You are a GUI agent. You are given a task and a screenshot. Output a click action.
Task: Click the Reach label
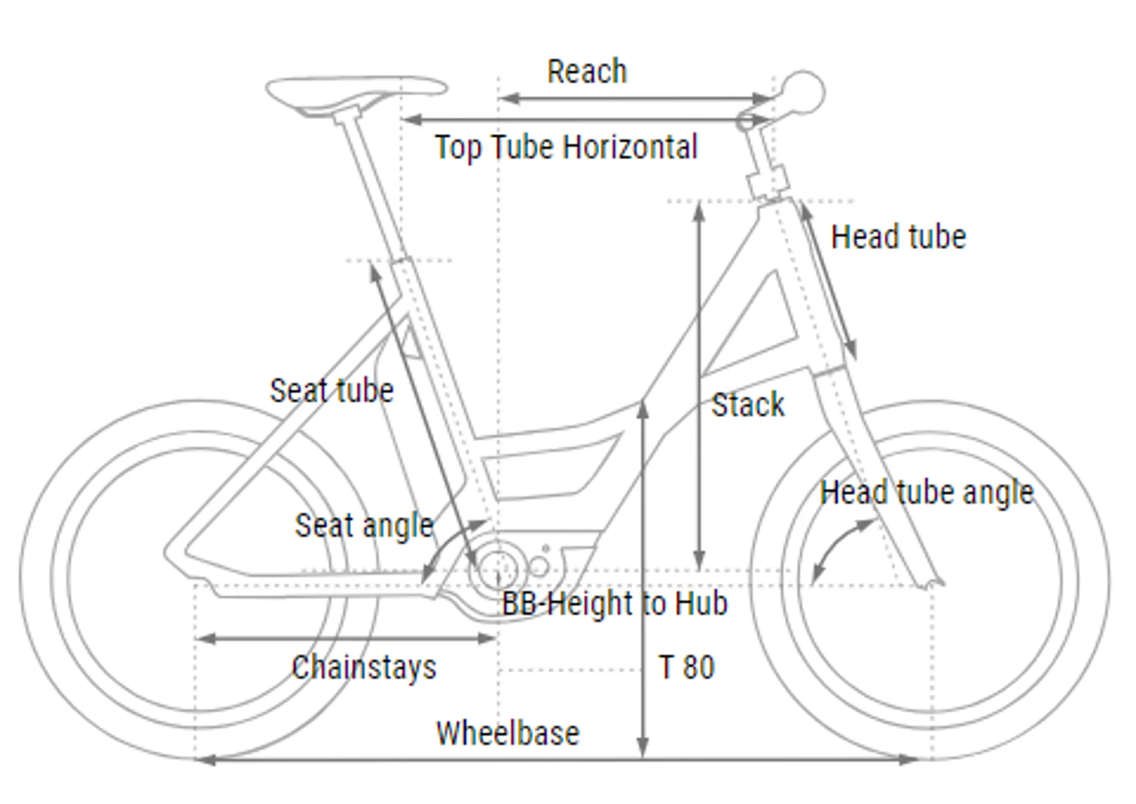(x=586, y=72)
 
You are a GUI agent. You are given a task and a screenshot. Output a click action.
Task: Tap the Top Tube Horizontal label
(x=566, y=147)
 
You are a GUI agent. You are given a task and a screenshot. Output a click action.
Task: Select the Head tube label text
(x=898, y=237)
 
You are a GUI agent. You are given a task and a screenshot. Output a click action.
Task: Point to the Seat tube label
(x=331, y=391)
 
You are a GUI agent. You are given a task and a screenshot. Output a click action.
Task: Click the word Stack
(x=748, y=406)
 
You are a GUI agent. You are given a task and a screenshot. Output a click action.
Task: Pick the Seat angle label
(x=364, y=526)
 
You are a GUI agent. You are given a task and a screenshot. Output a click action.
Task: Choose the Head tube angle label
(x=927, y=492)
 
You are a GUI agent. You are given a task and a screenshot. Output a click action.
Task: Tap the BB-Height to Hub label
(x=614, y=604)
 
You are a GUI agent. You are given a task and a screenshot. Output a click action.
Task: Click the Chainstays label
(x=364, y=667)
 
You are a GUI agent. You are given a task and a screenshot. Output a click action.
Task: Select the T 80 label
(x=686, y=667)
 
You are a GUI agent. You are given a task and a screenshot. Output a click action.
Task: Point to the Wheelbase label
(x=508, y=733)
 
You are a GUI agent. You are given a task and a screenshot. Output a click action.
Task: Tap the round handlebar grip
(x=804, y=92)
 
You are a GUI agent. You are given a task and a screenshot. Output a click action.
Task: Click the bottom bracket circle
(x=498, y=569)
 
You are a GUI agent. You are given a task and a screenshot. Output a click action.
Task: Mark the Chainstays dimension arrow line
(x=346, y=638)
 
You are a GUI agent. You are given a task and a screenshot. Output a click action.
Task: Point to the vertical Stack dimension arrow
(x=699, y=384)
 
